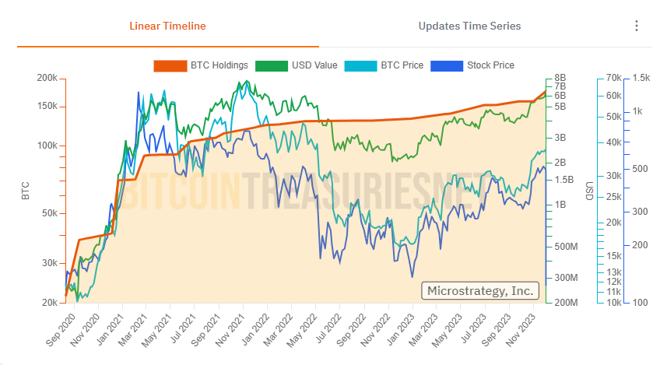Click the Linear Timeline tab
[167, 26]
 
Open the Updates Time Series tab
[469, 26]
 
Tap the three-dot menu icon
[637, 26]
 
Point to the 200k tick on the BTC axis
[47, 79]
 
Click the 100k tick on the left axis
[47, 146]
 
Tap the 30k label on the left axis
[49, 263]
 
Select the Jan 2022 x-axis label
[247, 331]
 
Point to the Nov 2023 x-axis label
[530, 331]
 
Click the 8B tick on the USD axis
[560, 79]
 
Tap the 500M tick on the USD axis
[563, 247]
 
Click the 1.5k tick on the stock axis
[641, 79]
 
